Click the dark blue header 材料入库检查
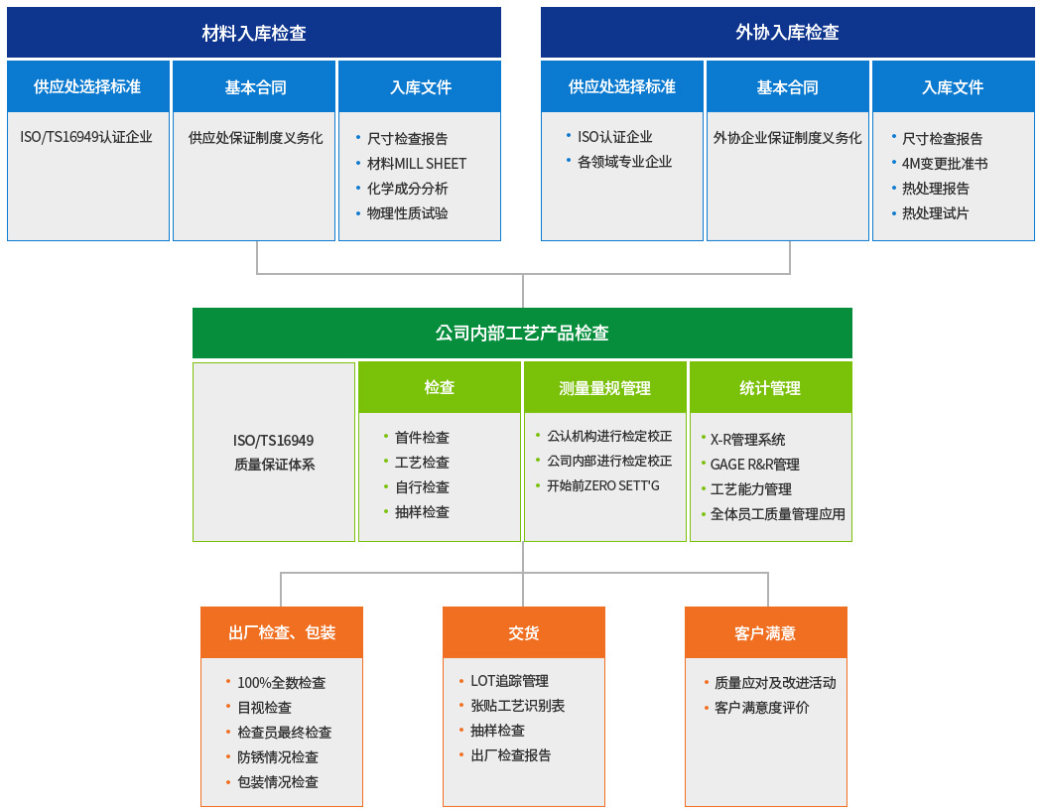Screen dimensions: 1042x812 pyautogui.click(x=254, y=33)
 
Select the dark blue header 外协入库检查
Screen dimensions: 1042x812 pyautogui.click(x=788, y=33)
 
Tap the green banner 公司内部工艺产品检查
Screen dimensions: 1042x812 pyautogui.click(x=522, y=333)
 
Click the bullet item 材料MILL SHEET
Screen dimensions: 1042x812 pyautogui.click(x=417, y=164)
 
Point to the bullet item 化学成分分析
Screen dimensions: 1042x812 pyautogui.click(x=407, y=189)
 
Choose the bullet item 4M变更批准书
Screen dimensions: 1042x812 pyautogui.click(x=945, y=164)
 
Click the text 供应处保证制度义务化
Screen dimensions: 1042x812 pyautogui.click(x=255, y=138)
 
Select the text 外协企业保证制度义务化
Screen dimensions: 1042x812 pyautogui.click(x=788, y=138)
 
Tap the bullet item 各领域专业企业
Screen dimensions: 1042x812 pyautogui.click(x=624, y=162)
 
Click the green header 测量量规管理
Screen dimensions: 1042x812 pyautogui.click(x=604, y=388)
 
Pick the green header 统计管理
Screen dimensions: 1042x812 pyautogui.click(x=771, y=388)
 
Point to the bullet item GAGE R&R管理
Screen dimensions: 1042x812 pyautogui.click(x=755, y=465)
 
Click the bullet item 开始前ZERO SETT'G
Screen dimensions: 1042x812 pyautogui.click(x=602, y=485)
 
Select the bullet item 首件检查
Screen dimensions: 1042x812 pyautogui.click(x=422, y=437)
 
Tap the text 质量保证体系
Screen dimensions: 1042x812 pyautogui.click(x=274, y=465)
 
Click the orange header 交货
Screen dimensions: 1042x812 pyautogui.click(x=524, y=632)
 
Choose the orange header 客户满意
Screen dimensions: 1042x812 pyautogui.click(x=765, y=632)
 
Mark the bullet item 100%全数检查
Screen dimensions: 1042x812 pyautogui.click(x=282, y=682)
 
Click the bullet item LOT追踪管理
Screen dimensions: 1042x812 pyautogui.click(x=510, y=680)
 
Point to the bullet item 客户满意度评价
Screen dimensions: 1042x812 pyautogui.click(x=761, y=708)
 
